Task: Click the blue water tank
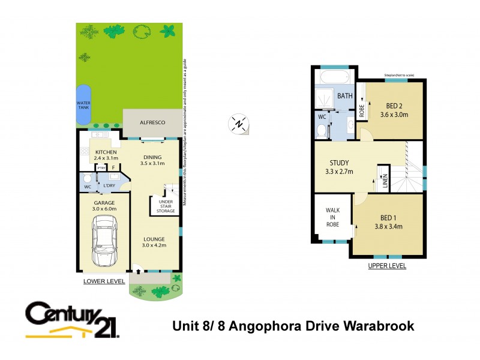click(83, 104)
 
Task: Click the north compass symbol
click(239, 124)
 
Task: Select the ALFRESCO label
click(152, 122)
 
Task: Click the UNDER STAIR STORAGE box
click(166, 206)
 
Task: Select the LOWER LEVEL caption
click(104, 281)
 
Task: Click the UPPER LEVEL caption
click(387, 265)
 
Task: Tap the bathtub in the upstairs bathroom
click(334, 77)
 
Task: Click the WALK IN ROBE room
click(332, 217)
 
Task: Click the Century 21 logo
click(73, 320)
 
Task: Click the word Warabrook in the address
click(379, 326)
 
